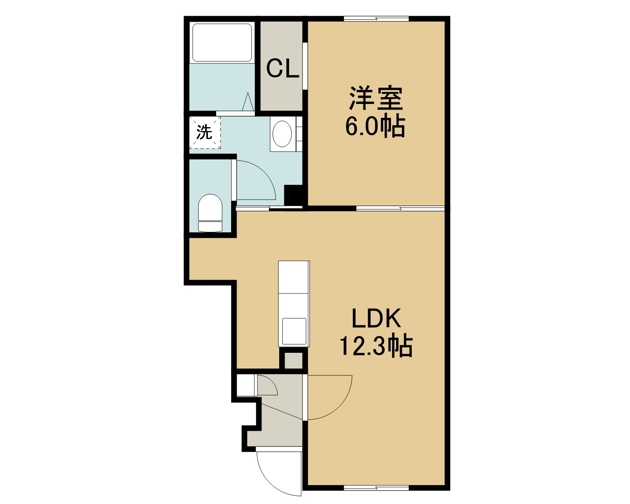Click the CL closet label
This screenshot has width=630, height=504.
pos(282,68)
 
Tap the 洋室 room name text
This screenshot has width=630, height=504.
pos(376,98)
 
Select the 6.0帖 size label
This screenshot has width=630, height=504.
pos(375,126)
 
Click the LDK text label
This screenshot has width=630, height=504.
pos(376,318)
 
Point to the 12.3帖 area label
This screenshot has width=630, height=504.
pos(376,346)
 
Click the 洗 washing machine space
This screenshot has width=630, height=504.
pos(205,132)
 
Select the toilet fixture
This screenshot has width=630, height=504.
pos(210,213)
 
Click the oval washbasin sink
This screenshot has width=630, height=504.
pos(282,134)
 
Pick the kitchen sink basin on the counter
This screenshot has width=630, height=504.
pos(294,331)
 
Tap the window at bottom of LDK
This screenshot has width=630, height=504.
pos(376,488)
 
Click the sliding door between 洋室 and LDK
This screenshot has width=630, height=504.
pos(400,208)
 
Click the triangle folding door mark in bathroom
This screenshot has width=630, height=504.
pos(248,102)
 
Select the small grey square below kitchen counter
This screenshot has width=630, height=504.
pos(294,361)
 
